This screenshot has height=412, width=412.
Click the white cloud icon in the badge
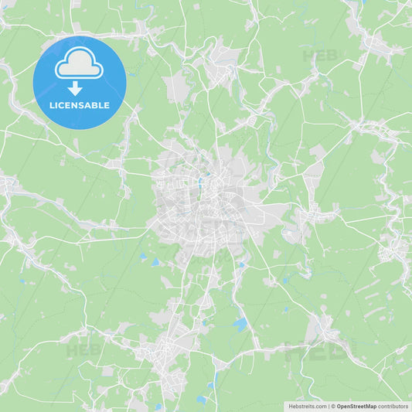[79, 65]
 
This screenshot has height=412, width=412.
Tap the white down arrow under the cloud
[75, 88]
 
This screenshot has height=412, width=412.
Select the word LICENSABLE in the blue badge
[79, 104]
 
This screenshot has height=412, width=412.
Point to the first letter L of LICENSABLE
[50, 104]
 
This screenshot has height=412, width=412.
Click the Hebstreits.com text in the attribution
[307, 406]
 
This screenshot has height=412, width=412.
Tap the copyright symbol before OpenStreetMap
[333, 406]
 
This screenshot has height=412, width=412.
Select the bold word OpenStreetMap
[356, 406]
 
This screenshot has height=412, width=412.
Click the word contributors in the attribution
[393, 406]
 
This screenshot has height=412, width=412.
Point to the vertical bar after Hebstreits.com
[328, 406]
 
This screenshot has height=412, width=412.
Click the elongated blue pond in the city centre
[199, 185]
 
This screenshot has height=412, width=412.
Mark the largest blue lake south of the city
[240, 325]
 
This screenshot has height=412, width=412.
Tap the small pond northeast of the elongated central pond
[206, 175]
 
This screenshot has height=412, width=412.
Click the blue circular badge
[80, 82]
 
